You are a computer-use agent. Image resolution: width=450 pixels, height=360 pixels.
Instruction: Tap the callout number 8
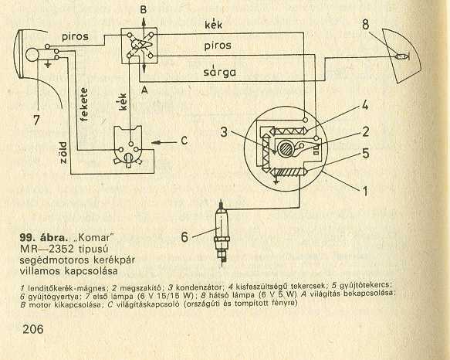pos(365,25)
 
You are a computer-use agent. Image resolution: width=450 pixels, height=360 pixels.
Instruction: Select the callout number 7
pos(36,120)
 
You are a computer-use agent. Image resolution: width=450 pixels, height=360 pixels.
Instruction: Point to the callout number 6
pos(184,237)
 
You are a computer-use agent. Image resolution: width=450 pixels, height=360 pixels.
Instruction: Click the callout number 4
pos(365,105)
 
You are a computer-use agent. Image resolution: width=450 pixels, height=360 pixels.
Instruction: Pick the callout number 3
pos(224,132)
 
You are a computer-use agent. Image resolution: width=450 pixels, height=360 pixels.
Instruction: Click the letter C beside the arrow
pos(184,141)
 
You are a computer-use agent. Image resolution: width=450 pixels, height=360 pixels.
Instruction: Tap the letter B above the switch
pos(144,10)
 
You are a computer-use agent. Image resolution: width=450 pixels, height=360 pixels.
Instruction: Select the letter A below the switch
pos(144,90)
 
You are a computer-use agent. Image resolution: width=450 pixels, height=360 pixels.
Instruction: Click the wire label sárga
pos(219,72)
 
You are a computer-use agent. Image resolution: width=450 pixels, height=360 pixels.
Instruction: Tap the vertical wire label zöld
pos(63,152)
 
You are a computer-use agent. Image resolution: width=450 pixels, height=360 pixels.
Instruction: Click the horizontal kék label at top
pos(213,25)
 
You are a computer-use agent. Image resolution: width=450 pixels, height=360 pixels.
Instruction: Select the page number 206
pos(33,329)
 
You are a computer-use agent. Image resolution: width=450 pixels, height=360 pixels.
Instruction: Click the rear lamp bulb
pos(402,56)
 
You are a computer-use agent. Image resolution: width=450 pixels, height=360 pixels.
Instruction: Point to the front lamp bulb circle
pos(32,55)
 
